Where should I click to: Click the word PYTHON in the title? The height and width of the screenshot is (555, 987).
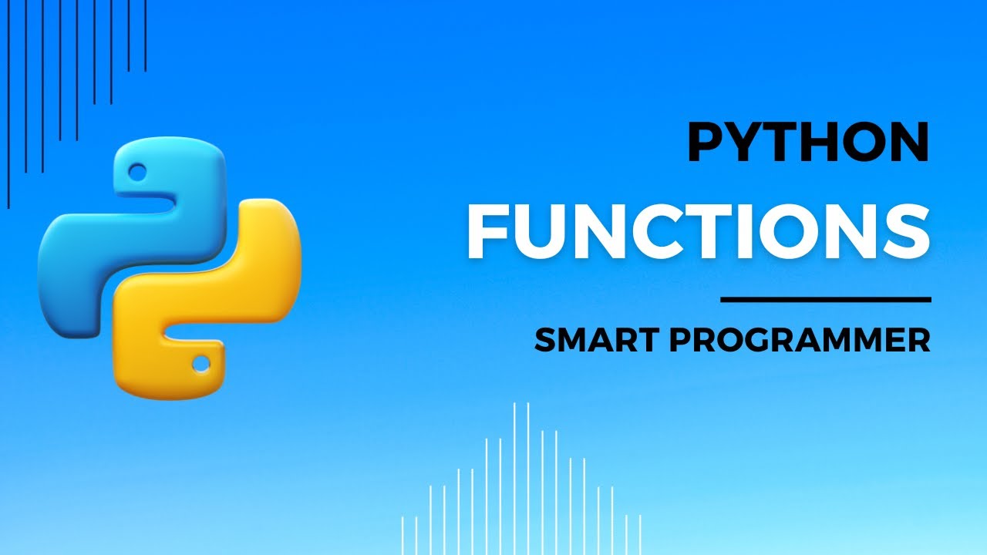[x=808, y=144]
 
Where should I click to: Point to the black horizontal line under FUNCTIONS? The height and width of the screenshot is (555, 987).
[x=825, y=299]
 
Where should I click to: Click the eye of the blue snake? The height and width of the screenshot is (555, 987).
[x=138, y=169]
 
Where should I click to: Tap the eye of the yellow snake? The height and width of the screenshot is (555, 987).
[x=201, y=362]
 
